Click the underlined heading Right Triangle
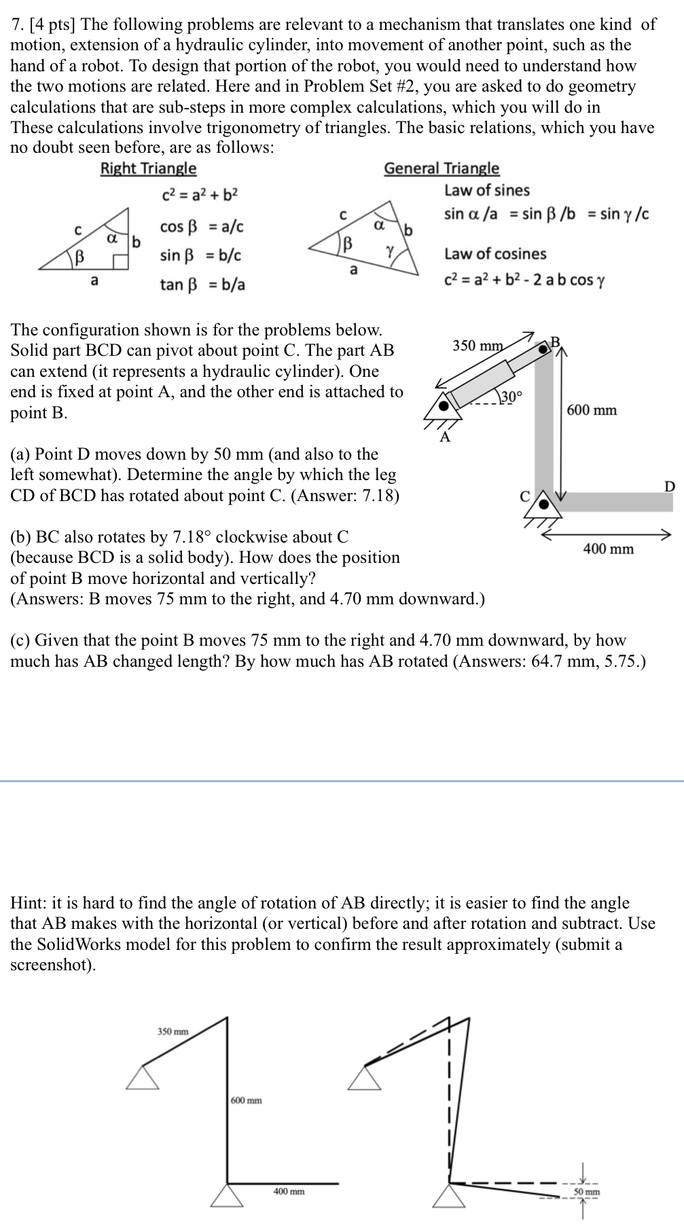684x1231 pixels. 148,168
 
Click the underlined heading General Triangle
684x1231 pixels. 442,168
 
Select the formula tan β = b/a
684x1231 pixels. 202,284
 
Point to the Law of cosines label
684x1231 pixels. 495,254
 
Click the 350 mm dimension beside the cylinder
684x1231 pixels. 478,346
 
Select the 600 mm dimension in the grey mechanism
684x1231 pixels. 592,410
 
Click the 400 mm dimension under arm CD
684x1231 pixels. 608,549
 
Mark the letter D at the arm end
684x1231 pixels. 670,485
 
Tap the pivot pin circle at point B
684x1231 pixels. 543,349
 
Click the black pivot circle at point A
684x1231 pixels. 444,406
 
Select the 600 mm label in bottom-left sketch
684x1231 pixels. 246,1100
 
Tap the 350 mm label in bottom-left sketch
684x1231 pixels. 173,1031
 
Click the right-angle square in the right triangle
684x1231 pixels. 122,263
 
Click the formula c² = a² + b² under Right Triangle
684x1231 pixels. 200,196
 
